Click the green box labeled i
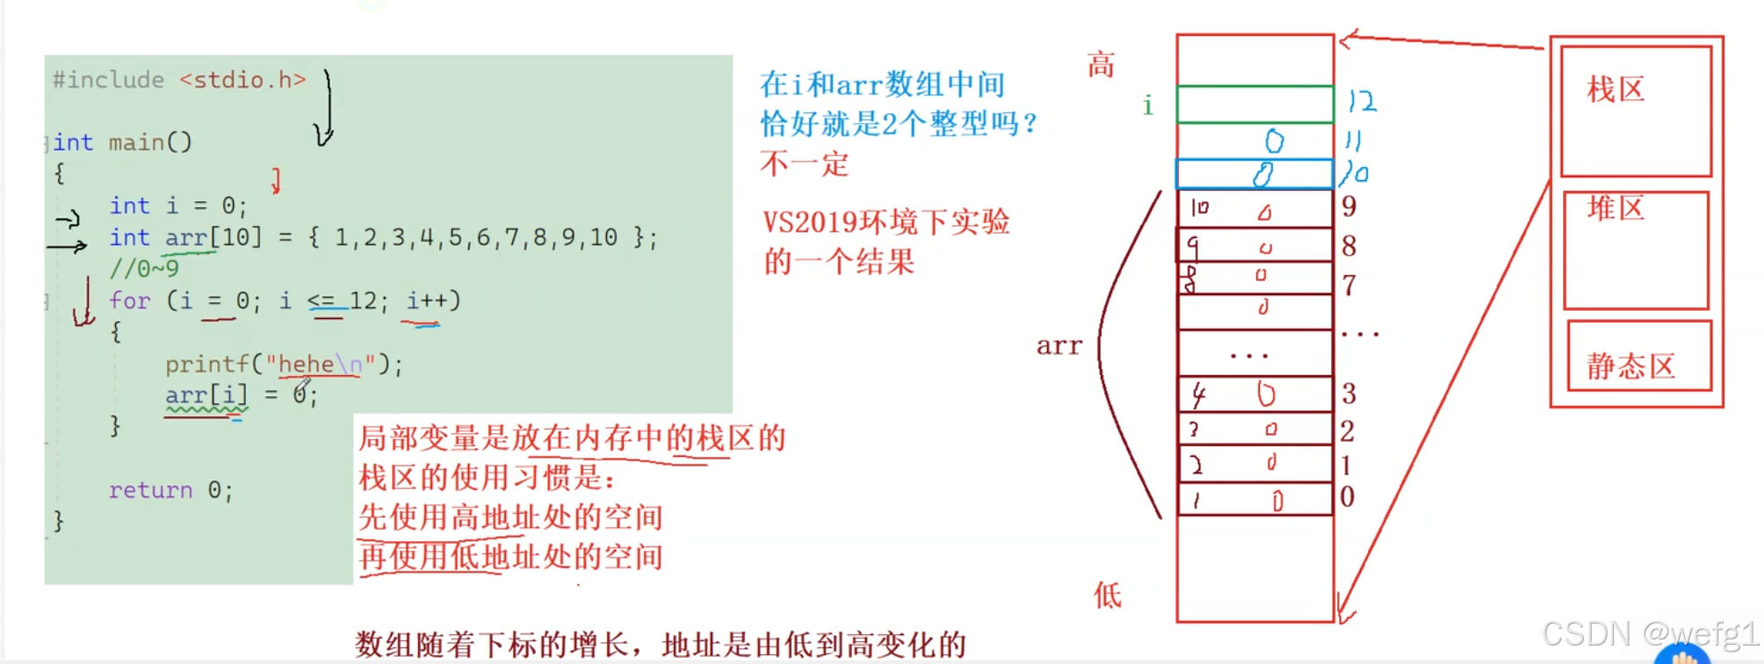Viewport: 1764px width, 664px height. point(1254,105)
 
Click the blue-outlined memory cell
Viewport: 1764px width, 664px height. point(1254,174)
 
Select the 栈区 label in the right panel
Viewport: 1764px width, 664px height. point(1615,90)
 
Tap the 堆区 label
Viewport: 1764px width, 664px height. point(1615,209)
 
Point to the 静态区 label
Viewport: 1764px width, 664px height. point(1630,366)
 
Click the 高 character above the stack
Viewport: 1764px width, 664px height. point(1101,65)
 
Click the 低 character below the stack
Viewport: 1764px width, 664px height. point(1107,595)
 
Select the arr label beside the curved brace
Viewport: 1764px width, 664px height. point(1059,346)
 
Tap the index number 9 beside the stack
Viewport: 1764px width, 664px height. point(1348,206)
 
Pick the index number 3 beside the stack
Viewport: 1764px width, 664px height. point(1348,393)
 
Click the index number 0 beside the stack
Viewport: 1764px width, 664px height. point(1347,497)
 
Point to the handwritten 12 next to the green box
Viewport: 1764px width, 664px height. point(1362,102)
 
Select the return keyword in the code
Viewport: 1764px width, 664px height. point(150,490)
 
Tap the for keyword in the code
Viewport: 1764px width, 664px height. point(129,300)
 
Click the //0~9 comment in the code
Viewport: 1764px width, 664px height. point(144,269)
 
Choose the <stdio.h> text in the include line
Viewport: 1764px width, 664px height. point(242,80)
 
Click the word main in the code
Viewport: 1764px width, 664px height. point(136,142)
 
